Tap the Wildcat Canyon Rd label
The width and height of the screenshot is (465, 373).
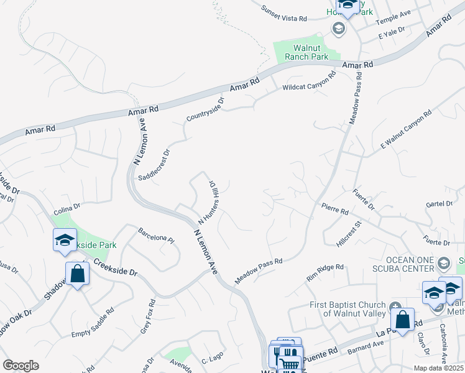point(309,81)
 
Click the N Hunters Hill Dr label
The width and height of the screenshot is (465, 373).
point(208,203)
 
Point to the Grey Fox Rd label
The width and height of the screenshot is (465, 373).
point(147,315)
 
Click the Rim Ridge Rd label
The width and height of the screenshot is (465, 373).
point(325,272)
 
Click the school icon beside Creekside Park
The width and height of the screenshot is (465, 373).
point(65,241)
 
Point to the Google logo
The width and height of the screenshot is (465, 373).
point(21,366)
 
